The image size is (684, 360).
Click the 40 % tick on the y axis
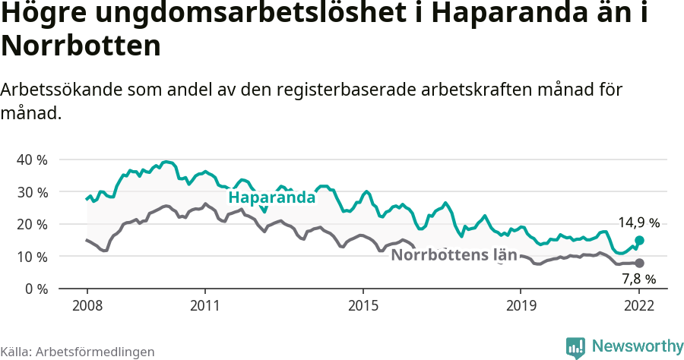coord(31,160)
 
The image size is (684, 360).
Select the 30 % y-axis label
coord(31,192)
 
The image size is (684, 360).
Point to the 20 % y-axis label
coord(31,224)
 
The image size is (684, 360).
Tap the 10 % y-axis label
coord(31,257)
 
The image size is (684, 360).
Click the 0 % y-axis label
coord(35,289)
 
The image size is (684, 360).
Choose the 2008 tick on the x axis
coord(87,305)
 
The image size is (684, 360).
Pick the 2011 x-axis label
coord(205,305)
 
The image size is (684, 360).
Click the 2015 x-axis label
coord(363,305)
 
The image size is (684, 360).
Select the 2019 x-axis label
coord(521,305)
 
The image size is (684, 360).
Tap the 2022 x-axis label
coord(639,305)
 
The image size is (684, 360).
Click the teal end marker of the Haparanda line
coord(639,240)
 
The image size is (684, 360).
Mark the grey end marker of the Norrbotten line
coord(639,263)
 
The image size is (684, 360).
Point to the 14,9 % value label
coord(638,223)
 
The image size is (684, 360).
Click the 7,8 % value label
coord(638,279)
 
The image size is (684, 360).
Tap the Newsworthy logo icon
coord(575,347)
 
